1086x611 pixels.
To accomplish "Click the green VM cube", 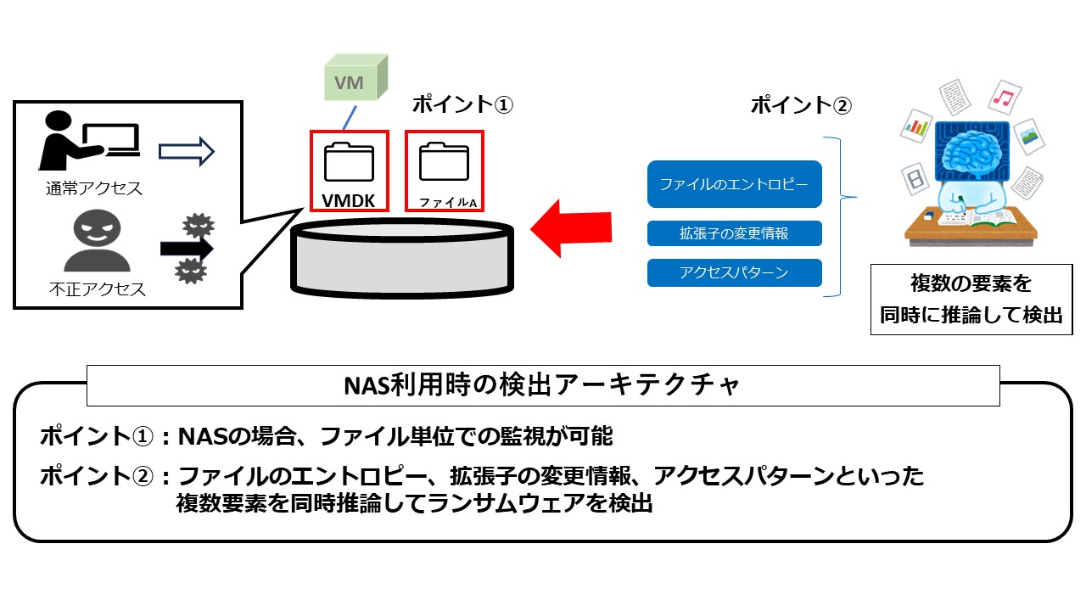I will pyautogui.click(x=355, y=81).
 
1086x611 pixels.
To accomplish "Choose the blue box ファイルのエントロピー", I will pyautogui.click(x=735, y=184).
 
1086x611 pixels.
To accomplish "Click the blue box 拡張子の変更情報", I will pyautogui.click(x=735, y=233).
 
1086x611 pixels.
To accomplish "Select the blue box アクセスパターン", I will pyautogui.click(x=735, y=272).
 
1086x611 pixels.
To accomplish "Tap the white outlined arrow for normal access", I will pyautogui.click(x=187, y=152).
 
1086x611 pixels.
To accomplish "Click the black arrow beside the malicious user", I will pyautogui.click(x=187, y=248).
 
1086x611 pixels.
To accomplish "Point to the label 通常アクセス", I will pyautogui.click(x=94, y=188).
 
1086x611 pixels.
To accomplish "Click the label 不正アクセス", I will pyautogui.click(x=96, y=289).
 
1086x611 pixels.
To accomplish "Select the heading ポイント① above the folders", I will pyautogui.click(x=463, y=104).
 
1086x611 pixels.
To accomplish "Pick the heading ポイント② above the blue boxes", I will pyautogui.click(x=801, y=105).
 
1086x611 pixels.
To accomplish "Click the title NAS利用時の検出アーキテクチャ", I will pyautogui.click(x=543, y=385).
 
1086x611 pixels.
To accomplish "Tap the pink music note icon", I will pyautogui.click(x=1005, y=98).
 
